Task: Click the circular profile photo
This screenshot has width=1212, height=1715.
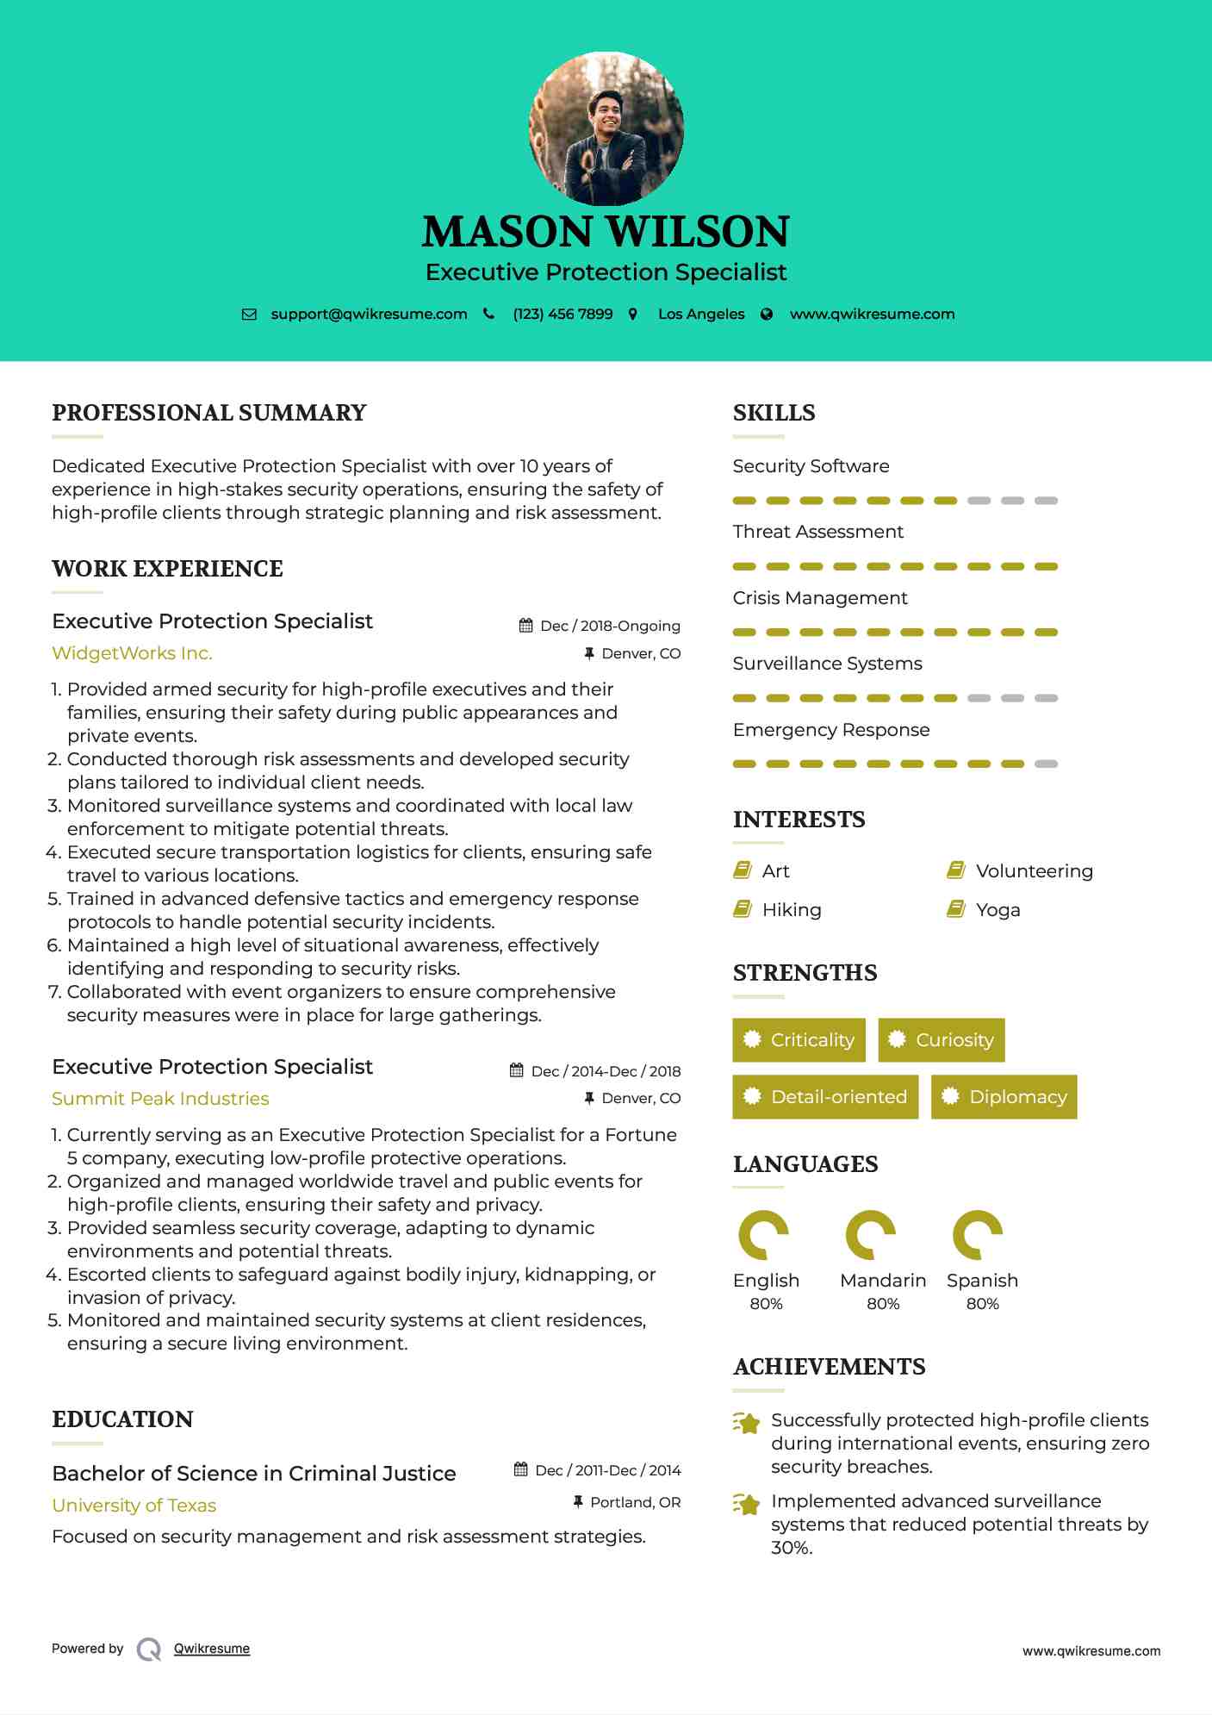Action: coord(606,129)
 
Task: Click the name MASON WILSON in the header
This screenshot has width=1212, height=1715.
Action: coord(606,232)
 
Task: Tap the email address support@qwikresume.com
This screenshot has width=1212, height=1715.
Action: coord(369,315)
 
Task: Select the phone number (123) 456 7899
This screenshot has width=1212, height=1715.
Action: coord(562,315)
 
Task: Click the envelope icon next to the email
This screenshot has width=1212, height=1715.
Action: coord(249,315)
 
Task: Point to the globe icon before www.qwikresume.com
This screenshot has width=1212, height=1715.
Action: coord(767,315)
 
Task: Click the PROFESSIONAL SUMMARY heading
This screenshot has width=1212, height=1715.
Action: coord(209,413)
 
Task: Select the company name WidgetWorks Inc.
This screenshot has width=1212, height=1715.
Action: coord(132,653)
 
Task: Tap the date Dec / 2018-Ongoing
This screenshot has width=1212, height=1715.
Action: coord(610,627)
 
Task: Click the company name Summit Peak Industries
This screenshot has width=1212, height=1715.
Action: coord(160,1099)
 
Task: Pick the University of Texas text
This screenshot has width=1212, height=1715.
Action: coord(134,1506)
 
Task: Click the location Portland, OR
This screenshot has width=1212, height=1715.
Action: coord(635,1503)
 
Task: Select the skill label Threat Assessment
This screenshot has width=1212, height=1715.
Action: coord(817,532)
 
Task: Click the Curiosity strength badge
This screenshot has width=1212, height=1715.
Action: coord(942,1040)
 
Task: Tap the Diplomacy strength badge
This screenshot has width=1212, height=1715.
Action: coord(1004,1097)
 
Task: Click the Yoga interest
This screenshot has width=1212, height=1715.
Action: coord(998,910)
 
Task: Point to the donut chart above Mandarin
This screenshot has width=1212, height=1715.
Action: coord(870,1235)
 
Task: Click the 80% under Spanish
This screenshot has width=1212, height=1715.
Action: coord(982,1304)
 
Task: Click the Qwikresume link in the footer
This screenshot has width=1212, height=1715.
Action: coord(212,1649)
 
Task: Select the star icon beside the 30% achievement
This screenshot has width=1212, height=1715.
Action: coord(747,1505)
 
